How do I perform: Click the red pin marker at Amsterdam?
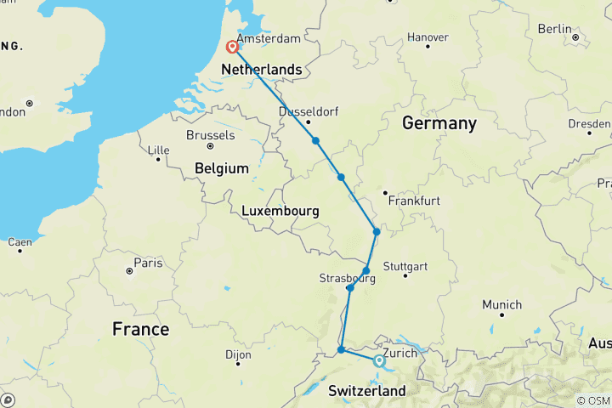pyautogui.click(x=231, y=48)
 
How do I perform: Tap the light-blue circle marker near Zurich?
pyautogui.click(x=379, y=361)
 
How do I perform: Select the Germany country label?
pyautogui.click(x=439, y=123)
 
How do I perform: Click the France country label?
pyautogui.click(x=141, y=329)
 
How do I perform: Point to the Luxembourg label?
pyautogui.click(x=280, y=211)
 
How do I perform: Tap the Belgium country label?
pyautogui.click(x=221, y=168)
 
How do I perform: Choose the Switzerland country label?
pyautogui.click(x=367, y=391)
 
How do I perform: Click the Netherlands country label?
pyautogui.click(x=261, y=69)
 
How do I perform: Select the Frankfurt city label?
pyautogui.click(x=414, y=201)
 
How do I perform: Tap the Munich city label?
pyautogui.click(x=501, y=304)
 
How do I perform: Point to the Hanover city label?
pyautogui.click(x=428, y=37)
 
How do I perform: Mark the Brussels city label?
pyautogui.click(x=210, y=135)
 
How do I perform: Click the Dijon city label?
pyautogui.click(x=239, y=354)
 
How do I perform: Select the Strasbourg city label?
pyautogui.click(x=347, y=278)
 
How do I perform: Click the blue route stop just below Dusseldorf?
pyautogui.click(x=315, y=141)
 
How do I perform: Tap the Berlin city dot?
pyautogui.click(x=575, y=37)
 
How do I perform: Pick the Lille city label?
pyautogui.click(x=159, y=150)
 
